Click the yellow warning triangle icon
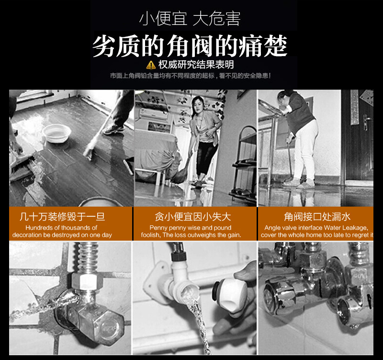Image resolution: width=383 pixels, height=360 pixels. pos(151,65)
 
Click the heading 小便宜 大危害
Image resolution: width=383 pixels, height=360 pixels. pos(190,19)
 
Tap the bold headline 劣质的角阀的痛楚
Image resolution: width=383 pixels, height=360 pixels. pos(190,46)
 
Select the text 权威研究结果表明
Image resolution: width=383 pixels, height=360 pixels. pos(196,65)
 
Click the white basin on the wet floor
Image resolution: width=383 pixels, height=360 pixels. pos(56,133)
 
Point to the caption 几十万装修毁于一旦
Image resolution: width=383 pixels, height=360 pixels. pos(62,217)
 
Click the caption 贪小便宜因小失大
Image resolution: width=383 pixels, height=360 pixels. pos(193,217)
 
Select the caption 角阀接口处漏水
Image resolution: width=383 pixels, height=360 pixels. pos(317,217)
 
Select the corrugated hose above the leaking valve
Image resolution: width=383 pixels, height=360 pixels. pos(88,257)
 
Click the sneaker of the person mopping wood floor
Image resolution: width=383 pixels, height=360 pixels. pos(114,129)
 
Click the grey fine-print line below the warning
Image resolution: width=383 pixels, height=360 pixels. pos(190,76)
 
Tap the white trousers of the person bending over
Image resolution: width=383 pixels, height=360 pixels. pos(306,151)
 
